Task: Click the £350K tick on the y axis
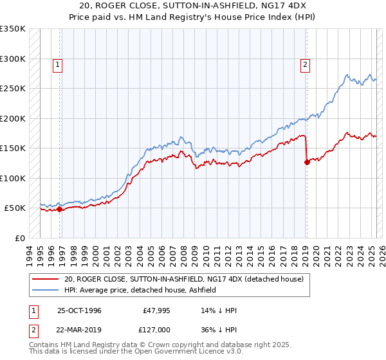pyautogui.click(x=13, y=29)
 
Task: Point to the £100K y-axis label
pyautogui.click(x=13, y=178)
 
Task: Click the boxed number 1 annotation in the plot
pyautogui.click(x=58, y=64)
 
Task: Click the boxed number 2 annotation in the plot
pyautogui.click(x=305, y=64)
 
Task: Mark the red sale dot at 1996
pyautogui.click(x=59, y=209)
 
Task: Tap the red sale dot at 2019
pyautogui.click(x=307, y=162)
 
